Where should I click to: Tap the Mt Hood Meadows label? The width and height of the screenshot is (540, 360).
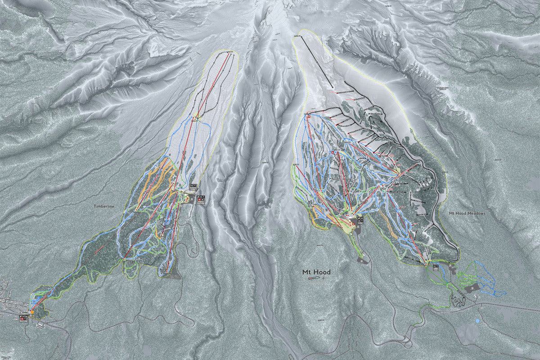[x=467, y=213]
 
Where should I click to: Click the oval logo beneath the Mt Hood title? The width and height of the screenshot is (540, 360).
[x=313, y=279]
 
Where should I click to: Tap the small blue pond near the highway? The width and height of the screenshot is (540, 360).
[x=477, y=321]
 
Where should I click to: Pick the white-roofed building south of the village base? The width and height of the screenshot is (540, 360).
[x=41, y=324]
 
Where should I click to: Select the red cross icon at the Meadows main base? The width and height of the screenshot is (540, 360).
[x=354, y=220]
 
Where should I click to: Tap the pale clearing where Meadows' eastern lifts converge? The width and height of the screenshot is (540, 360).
[x=398, y=172]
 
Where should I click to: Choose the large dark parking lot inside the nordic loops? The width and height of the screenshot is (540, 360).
[x=472, y=288]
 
